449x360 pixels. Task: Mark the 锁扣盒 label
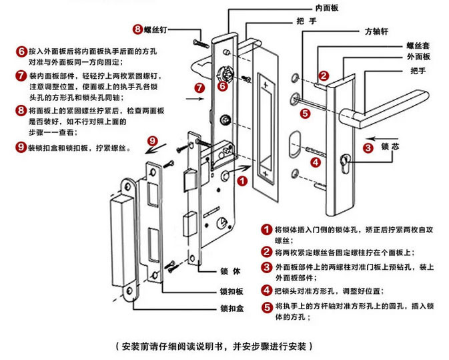(x=232, y=309)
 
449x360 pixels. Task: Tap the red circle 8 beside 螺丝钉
(x=138, y=29)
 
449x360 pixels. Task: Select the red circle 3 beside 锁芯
(x=368, y=148)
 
